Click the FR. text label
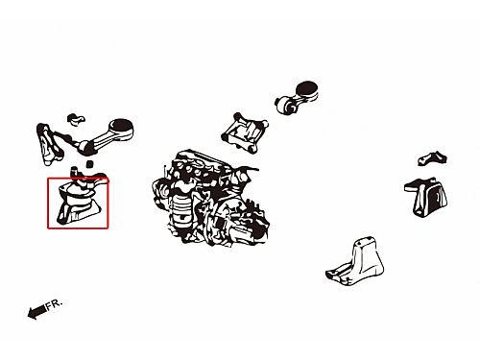pyautogui.click(x=55, y=304)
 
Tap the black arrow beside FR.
pyautogui.click(x=36, y=311)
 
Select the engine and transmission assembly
pyautogui.click(x=211, y=198)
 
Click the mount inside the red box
pyautogui.click(x=79, y=200)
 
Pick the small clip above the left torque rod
pyautogui.click(x=76, y=118)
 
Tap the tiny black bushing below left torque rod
pyautogui.click(x=90, y=163)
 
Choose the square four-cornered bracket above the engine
pyautogui.click(x=245, y=132)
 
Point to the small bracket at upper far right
pyautogui.click(x=432, y=158)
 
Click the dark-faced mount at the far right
pyautogui.click(x=428, y=197)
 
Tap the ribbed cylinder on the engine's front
pyautogui.click(x=180, y=210)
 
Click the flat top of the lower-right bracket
pyautogui.click(x=365, y=242)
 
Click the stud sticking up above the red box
pyautogui.click(x=75, y=171)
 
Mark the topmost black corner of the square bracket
pyautogui.click(x=237, y=116)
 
